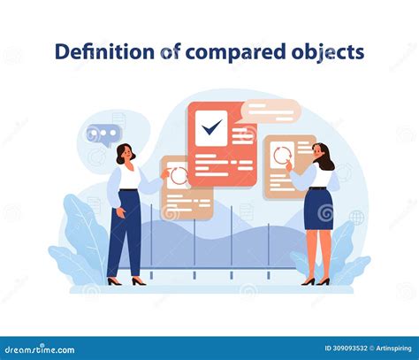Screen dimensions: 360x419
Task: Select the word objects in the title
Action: coord(329,52)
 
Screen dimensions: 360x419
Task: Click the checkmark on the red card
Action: coord(211,129)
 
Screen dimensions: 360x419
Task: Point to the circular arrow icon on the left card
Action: coord(179,174)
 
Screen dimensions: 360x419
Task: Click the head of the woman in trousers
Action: coord(125,153)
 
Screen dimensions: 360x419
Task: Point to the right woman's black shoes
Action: coord(315,281)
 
